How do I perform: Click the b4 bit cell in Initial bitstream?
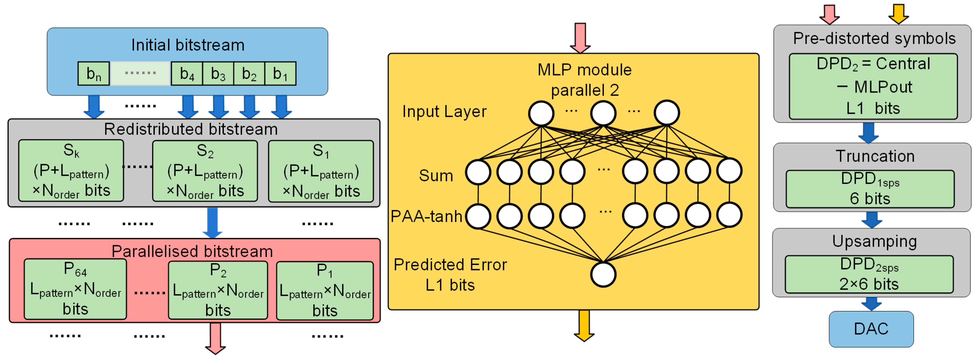tap(187, 74)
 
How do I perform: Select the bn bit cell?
tap(94, 74)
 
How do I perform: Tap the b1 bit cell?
tap(280, 74)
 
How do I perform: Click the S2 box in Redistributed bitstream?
tap(205, 171)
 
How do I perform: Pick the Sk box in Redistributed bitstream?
tap(71, 170)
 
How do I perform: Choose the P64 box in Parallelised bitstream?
tap(76, 289)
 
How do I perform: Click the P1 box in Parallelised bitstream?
tap(325, 290)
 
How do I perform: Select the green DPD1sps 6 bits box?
tap(870, 189)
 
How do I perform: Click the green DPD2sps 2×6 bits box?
tap(869, 274)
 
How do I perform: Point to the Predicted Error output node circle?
tap(603, 274)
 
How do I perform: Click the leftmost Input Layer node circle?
tap(541, 113)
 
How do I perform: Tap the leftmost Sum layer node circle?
tap(478, 172)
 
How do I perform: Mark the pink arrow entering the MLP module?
tap(580, 38)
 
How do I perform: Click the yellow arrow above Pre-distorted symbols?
tap(898, 14)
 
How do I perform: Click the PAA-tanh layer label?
tap(426, 216)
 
